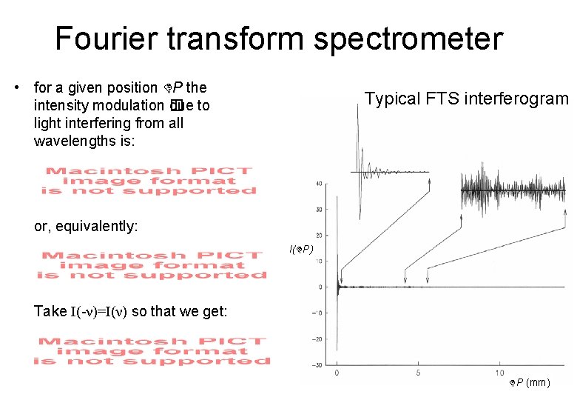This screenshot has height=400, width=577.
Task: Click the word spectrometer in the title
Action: coord(408,39)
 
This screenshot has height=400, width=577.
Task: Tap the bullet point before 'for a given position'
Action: coord(16,88)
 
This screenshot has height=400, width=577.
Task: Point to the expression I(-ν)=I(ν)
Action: coord(98,311)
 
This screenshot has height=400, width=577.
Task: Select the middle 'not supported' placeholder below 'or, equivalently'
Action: coord(152,265)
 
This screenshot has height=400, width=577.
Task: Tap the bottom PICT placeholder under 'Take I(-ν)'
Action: coord(152,351)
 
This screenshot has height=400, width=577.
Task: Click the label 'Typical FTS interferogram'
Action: coord(466,99)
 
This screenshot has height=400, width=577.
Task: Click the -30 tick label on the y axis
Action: coord(316,364)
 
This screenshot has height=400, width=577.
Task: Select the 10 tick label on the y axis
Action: coord(317,261)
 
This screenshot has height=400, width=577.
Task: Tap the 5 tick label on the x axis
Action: coord(419,372)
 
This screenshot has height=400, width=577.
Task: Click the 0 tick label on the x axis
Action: coord(337,372)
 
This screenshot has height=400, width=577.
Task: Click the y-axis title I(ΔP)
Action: coord(301,250)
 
